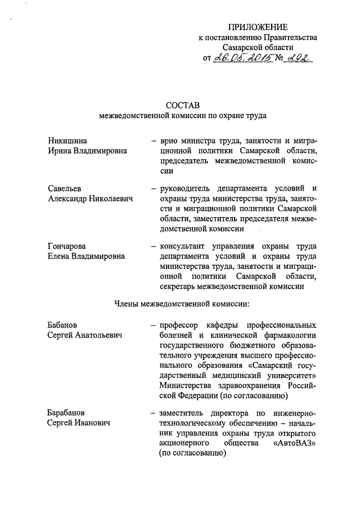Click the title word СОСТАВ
tap(182, 105)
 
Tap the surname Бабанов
tap(63, 325)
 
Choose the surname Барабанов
tap(67, 413)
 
